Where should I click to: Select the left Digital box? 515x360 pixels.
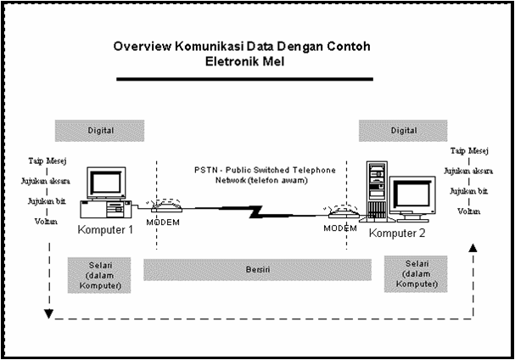[100, 130]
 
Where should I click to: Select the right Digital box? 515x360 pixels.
[404, 130]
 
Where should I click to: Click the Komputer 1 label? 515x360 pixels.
[107, 230]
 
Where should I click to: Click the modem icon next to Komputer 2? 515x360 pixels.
[338, 213]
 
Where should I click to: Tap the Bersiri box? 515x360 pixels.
[257, 270]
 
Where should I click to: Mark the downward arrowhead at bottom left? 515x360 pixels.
[49, 315]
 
